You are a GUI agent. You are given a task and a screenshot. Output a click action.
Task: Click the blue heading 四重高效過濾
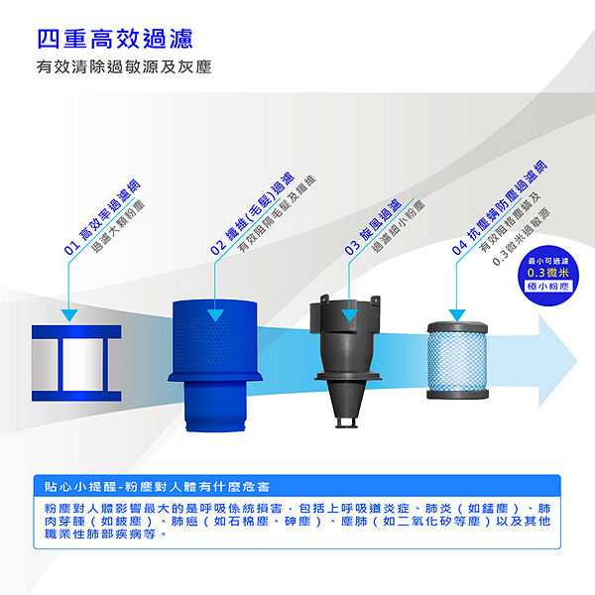tap(115, 39)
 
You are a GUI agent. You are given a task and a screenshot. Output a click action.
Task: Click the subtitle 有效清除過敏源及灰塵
tap(124, 66)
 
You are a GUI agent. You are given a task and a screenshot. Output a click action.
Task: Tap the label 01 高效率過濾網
tap(102, 217)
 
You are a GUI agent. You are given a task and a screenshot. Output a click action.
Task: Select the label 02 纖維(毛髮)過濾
tap(252, 213)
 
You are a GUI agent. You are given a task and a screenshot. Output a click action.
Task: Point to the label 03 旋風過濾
tap(373, 226)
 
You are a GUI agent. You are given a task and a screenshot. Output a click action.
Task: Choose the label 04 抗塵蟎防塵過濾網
tap(499, 207)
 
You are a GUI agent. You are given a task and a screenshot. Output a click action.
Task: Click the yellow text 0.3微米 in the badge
tap(548, 273)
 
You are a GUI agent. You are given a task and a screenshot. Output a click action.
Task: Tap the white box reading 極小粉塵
tap(548, 286)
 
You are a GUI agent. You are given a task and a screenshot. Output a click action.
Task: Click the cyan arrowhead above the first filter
tap(69, 315)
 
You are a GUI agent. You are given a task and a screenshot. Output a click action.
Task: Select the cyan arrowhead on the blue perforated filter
tap(215, 315)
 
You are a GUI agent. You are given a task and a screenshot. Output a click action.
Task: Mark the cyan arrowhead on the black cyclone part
tap(349, 315)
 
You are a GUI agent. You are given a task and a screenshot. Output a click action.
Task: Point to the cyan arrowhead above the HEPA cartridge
tap(457, 315)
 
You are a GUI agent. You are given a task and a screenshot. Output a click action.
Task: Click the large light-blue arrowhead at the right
tap(556, 361)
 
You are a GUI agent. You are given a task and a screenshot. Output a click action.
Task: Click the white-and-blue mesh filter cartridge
tap(457, 360)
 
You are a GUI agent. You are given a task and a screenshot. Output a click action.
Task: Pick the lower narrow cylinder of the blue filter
tap(215, 406)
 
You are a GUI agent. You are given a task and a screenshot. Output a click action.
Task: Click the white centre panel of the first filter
tap(82, 364)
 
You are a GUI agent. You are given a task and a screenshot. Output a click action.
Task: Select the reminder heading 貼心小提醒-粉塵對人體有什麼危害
tap(157, 487)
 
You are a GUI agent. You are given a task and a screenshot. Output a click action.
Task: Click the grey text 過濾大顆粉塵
tap(118, 226)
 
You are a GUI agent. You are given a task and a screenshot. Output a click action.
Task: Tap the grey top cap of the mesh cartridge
tap(457, 326)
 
